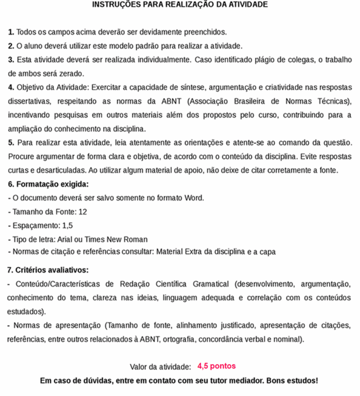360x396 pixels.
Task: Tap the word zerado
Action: coord(71,73)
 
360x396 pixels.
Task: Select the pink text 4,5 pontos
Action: coord(216,366)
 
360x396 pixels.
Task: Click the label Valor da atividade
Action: coord(160,367)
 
